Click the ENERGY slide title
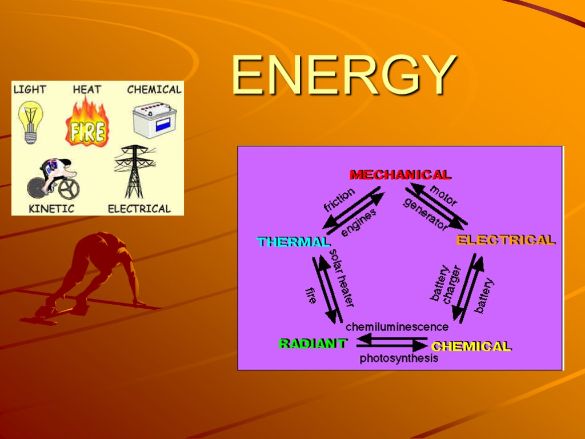344,75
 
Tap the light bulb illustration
28,121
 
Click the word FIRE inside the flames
87,132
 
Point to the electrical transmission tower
135,171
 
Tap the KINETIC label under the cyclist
51,209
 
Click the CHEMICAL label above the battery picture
154,89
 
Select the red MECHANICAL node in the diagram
400,175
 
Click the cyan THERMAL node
294,242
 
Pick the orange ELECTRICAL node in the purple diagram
506,240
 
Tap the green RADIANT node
312,344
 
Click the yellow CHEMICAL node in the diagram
471,346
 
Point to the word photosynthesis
399,359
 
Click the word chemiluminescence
397,328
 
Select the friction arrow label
339,201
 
